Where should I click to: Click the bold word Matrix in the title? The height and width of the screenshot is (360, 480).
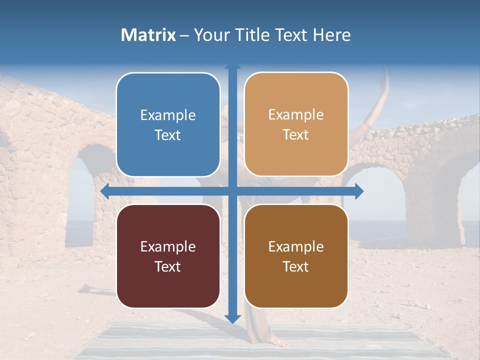pos(148,35)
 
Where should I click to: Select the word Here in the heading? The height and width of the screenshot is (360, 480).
pos(331,35)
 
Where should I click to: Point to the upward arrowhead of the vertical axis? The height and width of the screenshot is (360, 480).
pos(232,66)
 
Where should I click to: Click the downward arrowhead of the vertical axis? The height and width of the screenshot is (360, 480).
pos(232,318)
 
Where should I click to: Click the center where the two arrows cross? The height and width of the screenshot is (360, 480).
pos(232,191)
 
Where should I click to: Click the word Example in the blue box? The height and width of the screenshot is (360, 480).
pos(168,115)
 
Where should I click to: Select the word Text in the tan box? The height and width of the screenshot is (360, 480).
pos(296,135)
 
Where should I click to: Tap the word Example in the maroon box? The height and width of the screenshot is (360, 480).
pos(168,247)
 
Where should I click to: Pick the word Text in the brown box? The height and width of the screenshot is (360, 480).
pos(296,266)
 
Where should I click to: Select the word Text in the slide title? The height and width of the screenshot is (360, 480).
pos(290,35)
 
